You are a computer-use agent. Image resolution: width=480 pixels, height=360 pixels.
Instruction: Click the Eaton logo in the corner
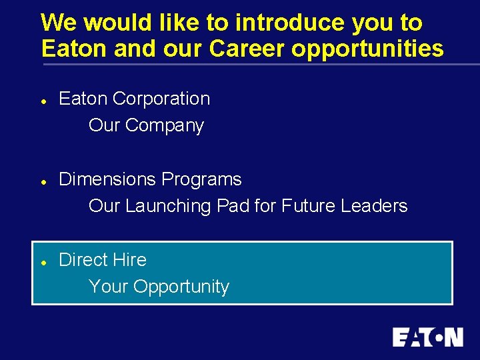point(427,337)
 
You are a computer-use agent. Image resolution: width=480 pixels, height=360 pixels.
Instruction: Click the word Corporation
point(161,99)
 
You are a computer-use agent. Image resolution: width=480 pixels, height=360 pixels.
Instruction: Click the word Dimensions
point(107,179)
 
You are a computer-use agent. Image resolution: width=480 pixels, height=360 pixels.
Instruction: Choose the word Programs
point(202,179)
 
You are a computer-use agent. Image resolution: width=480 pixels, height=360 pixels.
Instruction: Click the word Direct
point(83,260)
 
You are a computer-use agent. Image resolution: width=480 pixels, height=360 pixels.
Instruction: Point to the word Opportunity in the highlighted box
point(181,287)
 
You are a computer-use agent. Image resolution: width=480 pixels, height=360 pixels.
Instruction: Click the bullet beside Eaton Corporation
point(42,100)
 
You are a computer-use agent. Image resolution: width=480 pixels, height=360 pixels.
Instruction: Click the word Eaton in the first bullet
point(83,99)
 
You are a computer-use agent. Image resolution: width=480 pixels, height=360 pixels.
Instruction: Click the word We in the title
point(59,23)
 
